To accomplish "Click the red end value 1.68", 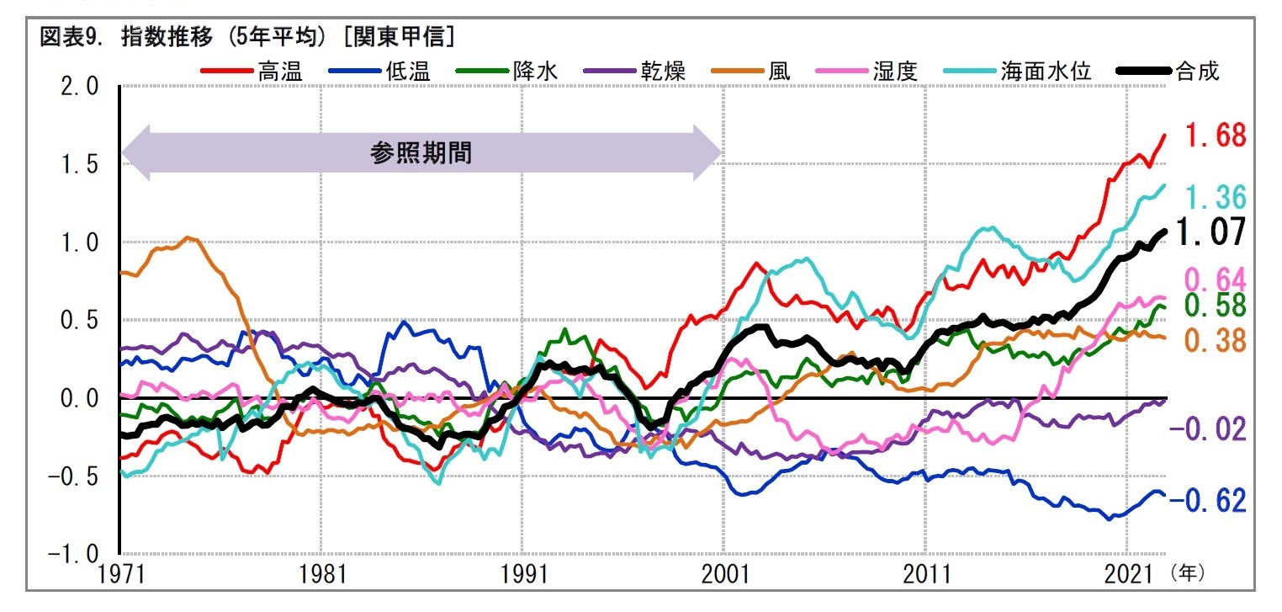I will [x=1216, y=135].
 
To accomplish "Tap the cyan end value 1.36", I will [x=1216, y=198].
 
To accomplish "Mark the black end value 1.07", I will [x=1210, y=231].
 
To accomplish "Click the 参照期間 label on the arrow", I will [x=421, y=153].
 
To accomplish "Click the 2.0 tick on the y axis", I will [x=80, y=88].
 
